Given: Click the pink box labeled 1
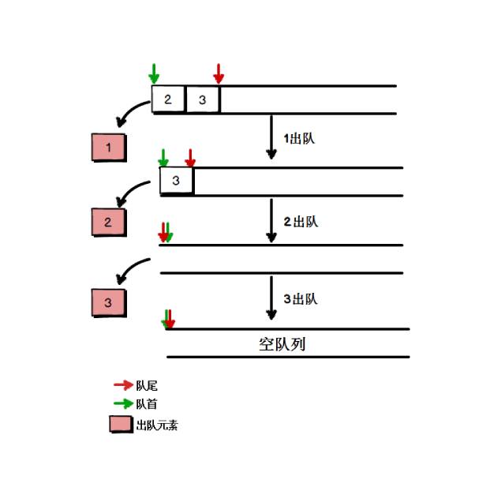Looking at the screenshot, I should coord(108,148).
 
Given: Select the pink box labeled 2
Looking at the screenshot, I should coord(108,223).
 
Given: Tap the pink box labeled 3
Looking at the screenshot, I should coord(108,302).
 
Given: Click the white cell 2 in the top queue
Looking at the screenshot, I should coord(169,99).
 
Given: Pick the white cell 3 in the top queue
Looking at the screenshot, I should coord(203,99).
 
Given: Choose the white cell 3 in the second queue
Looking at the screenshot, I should coord(176,181).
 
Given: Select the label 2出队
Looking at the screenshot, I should coord(300,222).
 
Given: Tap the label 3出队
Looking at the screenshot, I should coord(300,299).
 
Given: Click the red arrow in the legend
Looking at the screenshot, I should coord(123,385).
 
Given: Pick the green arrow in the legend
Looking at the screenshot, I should coord(123,403).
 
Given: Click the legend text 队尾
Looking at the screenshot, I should coord(148,386).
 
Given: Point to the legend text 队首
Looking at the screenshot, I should coord(148,404).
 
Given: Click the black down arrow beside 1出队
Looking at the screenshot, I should coord(271,137).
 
